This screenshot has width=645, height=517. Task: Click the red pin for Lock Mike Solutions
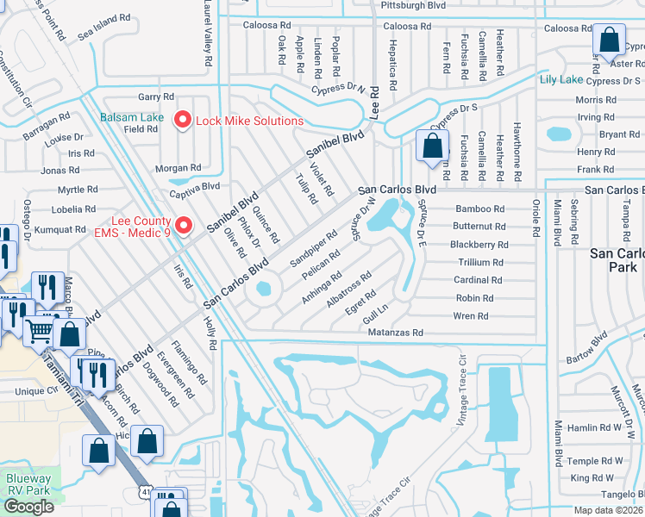[182, 121]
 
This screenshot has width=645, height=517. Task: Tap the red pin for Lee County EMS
[183, 227]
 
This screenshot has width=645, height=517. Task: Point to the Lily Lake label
[560, 80]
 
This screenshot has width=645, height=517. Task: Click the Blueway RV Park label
[29, 484]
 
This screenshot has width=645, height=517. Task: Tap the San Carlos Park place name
[616, 261]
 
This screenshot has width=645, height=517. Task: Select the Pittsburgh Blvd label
[414, 5]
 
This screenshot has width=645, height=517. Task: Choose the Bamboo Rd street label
[480, 209]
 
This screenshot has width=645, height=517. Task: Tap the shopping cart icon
[40, 329]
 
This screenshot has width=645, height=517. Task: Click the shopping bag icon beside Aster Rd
[609, 40]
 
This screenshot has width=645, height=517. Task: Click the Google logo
[28, 507]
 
